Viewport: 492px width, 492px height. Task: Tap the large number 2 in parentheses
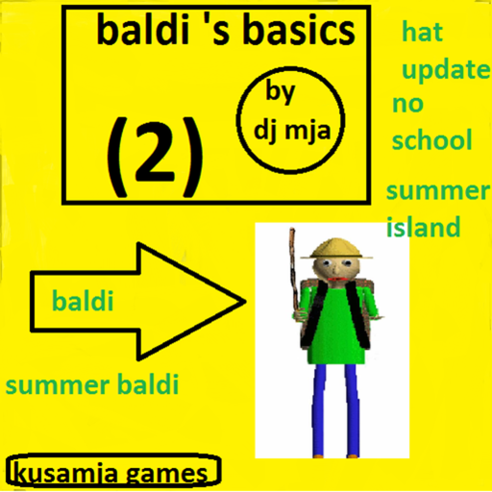click(155, 158)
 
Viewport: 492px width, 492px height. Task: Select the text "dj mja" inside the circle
click(292, 132)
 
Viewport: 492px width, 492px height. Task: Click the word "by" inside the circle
click(280, 92)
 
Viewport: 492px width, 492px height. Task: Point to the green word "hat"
click(422, 32)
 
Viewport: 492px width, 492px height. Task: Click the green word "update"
click(446, 70)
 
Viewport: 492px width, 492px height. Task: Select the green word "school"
click(431, 139)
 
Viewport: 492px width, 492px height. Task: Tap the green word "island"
click(424, 226)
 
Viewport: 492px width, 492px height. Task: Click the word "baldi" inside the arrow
click(83, 301)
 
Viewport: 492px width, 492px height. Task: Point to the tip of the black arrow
click(245, 301)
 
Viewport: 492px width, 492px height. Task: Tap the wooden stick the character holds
click(293, 271)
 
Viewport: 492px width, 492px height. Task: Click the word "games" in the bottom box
click(166, 475)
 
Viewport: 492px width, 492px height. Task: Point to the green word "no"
click(408, 105)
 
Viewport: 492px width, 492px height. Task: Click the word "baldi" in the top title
click(144, 29)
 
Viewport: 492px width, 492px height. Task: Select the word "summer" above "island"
click(437, 191)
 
